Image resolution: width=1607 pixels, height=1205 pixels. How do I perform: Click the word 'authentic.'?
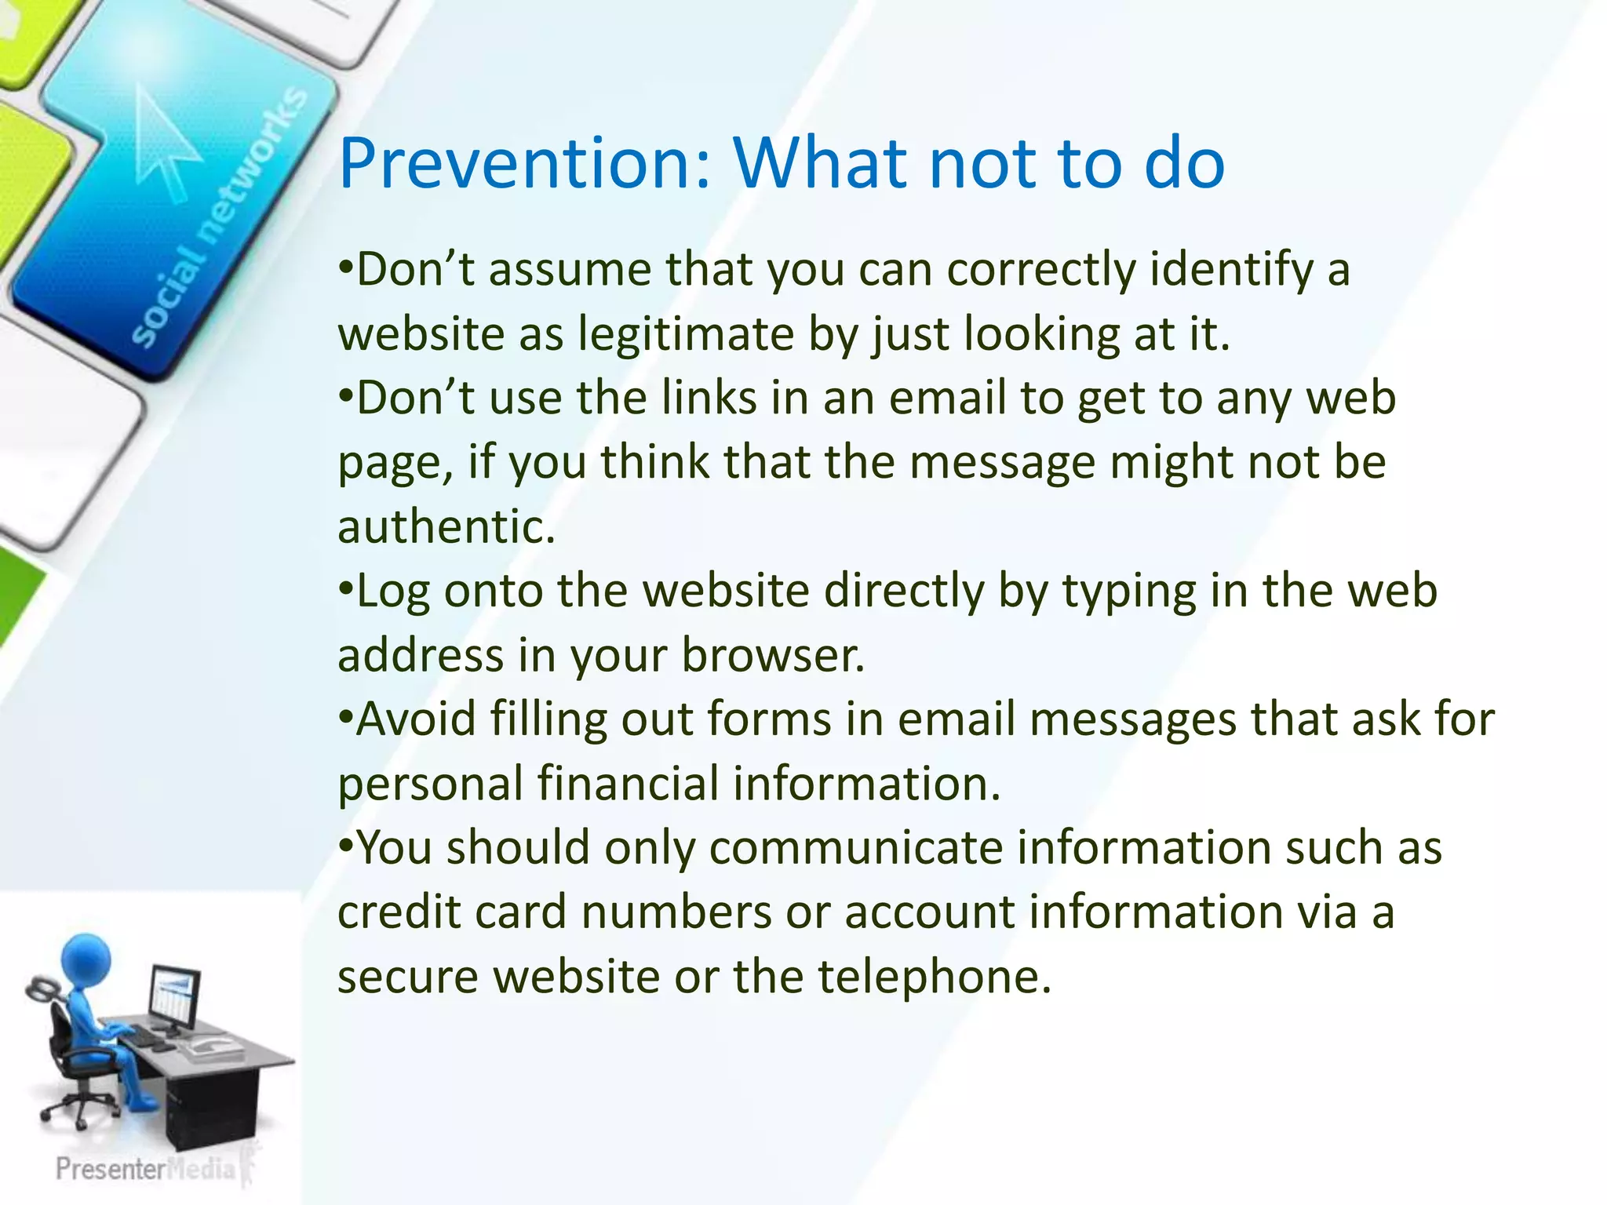(446, 526)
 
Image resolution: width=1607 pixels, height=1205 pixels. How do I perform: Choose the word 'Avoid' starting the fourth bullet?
(416, 719)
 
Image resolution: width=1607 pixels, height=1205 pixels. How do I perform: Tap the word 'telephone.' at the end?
(934, 977)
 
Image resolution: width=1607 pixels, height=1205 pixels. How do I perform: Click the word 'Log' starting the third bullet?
(392, 591)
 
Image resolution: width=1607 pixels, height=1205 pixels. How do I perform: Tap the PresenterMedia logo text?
(145, 1169)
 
